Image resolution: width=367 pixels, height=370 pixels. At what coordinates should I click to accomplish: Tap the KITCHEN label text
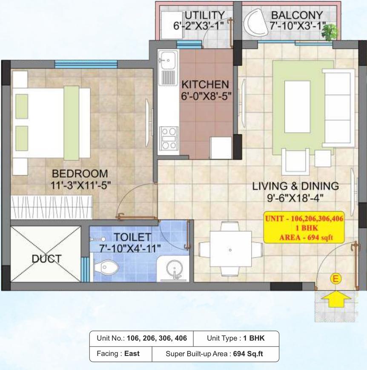[205, 84]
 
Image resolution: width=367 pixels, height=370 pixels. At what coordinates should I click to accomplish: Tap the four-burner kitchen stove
[169, 138]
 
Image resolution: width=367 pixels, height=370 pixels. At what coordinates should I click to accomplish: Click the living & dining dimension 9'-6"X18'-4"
[295, 197]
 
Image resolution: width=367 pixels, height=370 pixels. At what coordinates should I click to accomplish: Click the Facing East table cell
[120, 353]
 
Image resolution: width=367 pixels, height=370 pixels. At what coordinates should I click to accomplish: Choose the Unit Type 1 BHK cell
[235, 339]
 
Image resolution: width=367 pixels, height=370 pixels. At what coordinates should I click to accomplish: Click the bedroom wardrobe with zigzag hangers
[51, 208]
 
